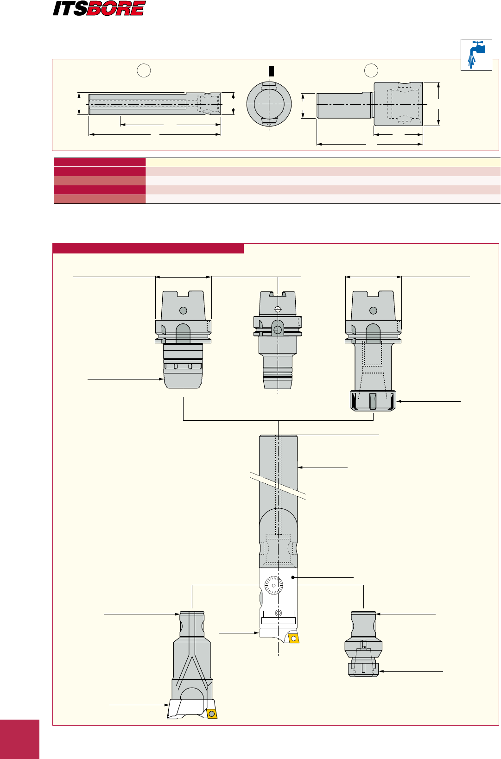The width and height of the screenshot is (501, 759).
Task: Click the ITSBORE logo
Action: (99, 8)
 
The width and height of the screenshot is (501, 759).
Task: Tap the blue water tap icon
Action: (476, 55)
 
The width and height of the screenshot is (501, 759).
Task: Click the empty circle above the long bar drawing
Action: (144, 70)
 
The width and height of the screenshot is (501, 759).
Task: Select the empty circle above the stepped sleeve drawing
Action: (371, 70)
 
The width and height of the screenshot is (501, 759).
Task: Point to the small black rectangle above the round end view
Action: (271, 71)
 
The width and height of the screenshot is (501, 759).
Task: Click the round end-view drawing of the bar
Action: (269, 104)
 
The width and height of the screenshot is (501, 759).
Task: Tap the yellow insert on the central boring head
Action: (293, 639)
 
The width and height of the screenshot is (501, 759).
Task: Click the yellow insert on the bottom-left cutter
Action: (212, 714)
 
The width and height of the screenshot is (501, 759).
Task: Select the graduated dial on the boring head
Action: (273, 585)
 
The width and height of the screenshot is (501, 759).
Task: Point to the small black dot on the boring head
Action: (293, 577)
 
